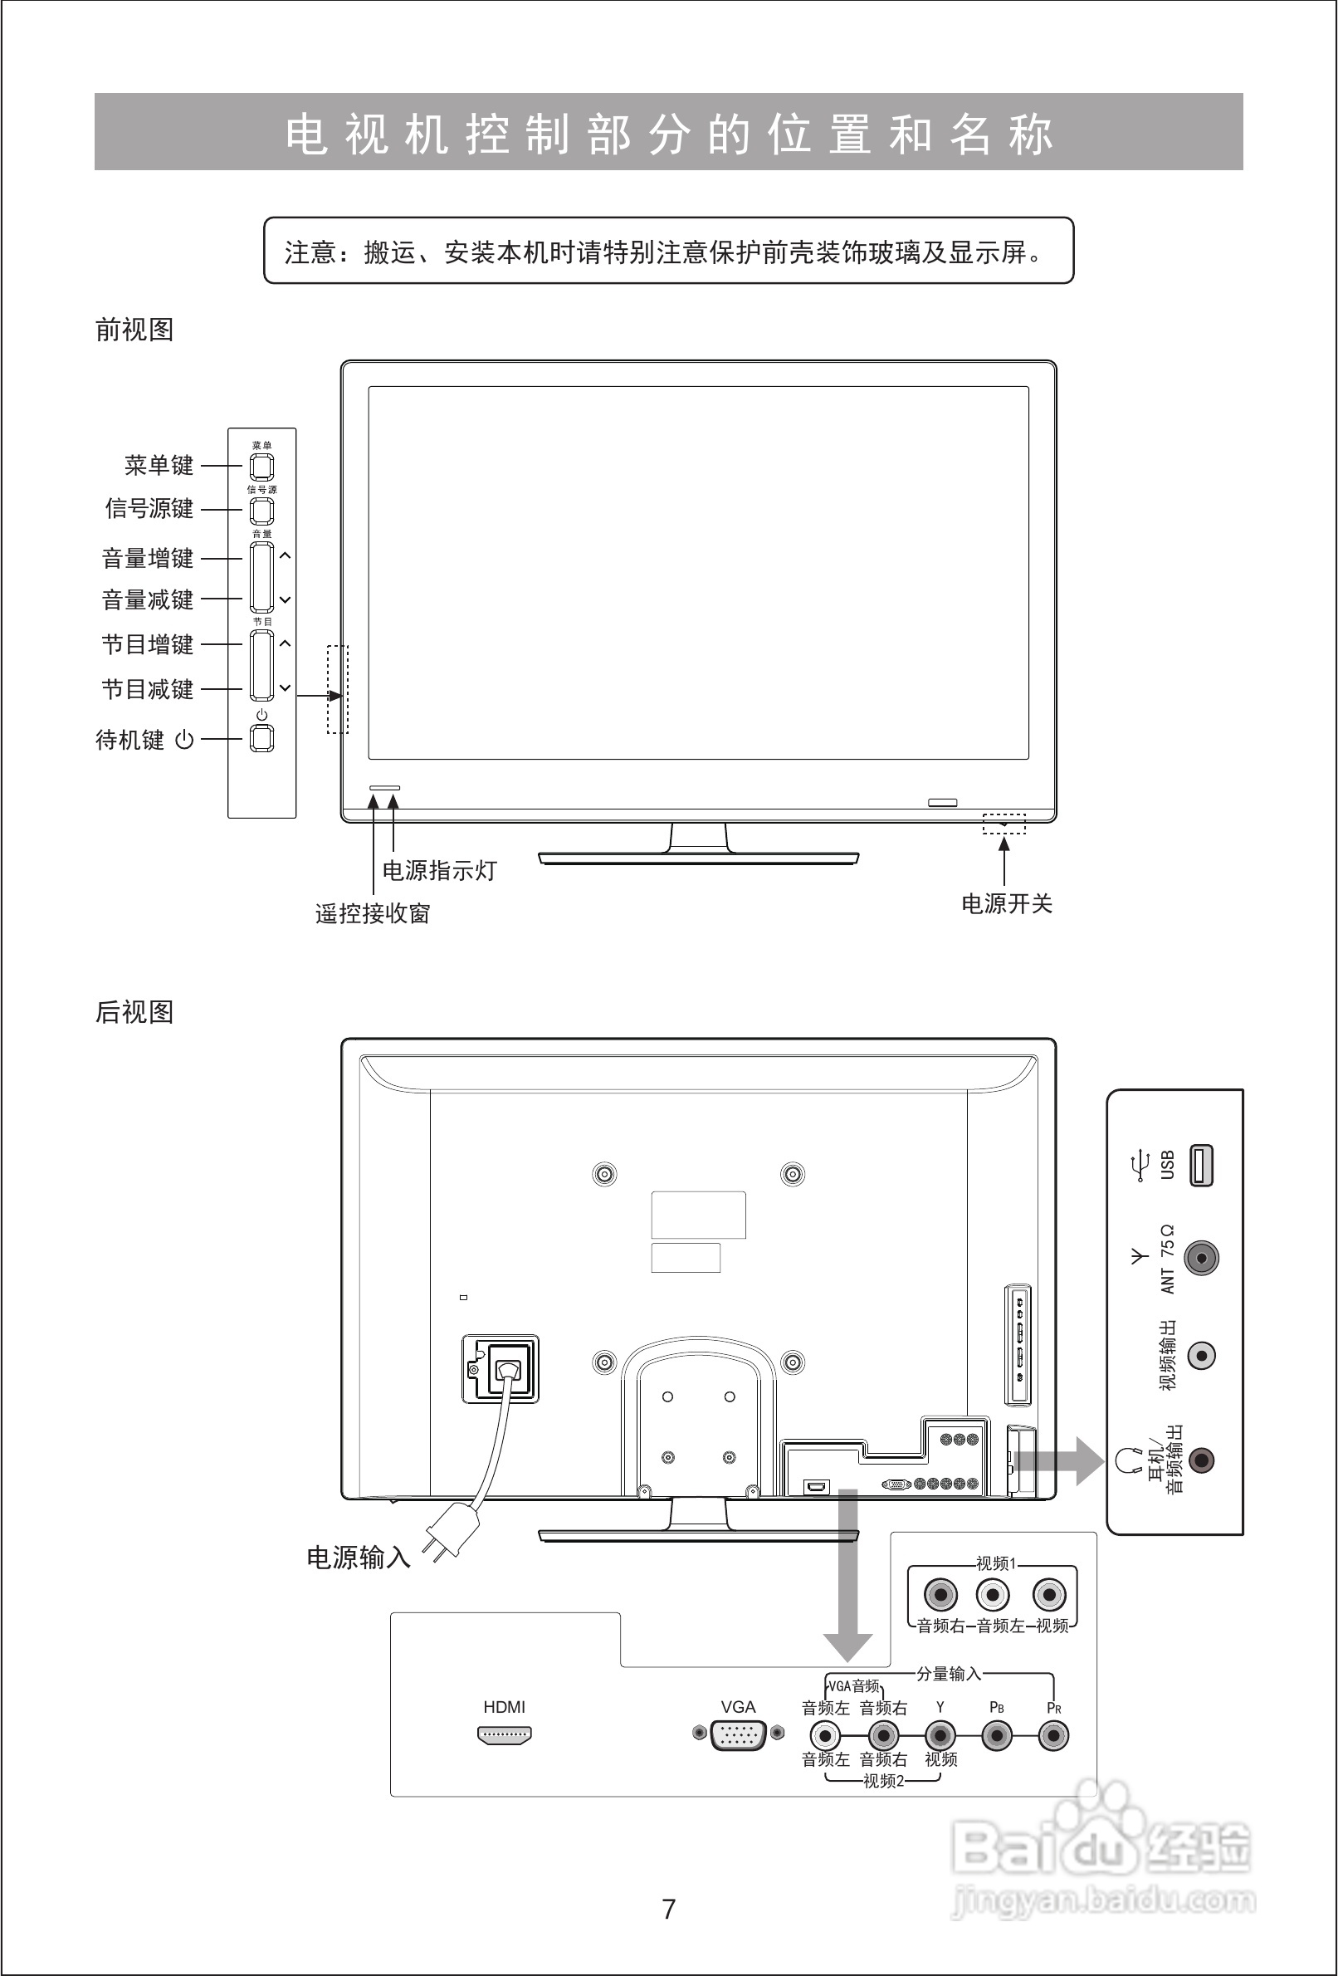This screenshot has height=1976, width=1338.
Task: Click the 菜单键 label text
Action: tap(159, 465)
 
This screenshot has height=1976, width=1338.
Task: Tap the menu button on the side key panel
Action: tap(261, 467)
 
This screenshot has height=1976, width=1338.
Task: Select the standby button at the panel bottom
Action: tap(261, 739)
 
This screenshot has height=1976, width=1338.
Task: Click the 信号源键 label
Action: tap(149, 508)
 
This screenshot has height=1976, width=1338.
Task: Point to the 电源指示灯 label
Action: tap(439, 871)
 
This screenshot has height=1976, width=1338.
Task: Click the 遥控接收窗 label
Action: tap(373, 913)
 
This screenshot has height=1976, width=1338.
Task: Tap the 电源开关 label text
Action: tap(1007, 904)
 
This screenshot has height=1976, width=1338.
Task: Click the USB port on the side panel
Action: tap(1201, 1166)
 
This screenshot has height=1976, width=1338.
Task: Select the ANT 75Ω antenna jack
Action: tap(1201, 1258)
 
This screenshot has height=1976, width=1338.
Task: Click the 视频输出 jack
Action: tap(1201, 1355)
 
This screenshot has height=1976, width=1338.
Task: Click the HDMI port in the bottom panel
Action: tap(505, 1735)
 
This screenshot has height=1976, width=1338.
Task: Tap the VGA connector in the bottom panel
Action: tap(738, 1734)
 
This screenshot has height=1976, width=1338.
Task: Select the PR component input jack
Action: tap(1054, 1734)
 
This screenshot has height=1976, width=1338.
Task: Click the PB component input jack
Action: tap(997, 1734)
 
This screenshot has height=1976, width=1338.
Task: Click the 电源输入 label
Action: tap(359, 1558)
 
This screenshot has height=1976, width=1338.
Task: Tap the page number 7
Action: tap(669, 1909)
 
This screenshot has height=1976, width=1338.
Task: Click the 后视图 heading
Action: tap(134, 1012)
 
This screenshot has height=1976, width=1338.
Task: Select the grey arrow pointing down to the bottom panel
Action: tap(847, 1616)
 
